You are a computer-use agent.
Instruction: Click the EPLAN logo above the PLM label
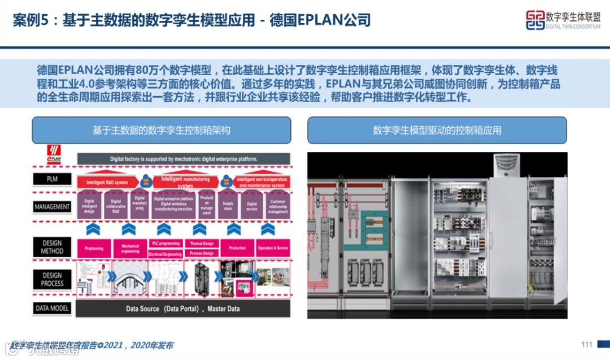[x=54, y=154]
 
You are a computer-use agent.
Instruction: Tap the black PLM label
[x=52, y=180]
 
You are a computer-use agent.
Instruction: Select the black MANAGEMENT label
[x=52, y=207]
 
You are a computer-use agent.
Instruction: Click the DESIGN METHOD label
[x=52, y=247]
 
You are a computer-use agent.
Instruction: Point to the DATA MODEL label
[x=52, y=309]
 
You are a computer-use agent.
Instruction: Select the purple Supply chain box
[x=228, y=205]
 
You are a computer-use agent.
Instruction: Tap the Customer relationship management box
[x=278, y=205]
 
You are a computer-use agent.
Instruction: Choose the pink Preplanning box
[x=94, y=248]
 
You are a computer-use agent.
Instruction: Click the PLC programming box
[x=165, y=243]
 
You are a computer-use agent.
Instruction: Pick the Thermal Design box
[x=201, y=244]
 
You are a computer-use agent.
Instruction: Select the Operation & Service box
[x=273, y=248]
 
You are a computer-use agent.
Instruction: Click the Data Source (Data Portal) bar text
[x=182, y=309]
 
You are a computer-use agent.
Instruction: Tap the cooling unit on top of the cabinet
[x=507, y=165]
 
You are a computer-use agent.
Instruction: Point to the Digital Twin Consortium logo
[x=563, y=20]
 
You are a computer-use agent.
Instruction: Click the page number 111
[x=586, y=345]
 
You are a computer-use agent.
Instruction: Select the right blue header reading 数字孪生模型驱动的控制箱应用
[x=437, y=130]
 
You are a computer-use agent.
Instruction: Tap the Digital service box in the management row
[x=252, y=205]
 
